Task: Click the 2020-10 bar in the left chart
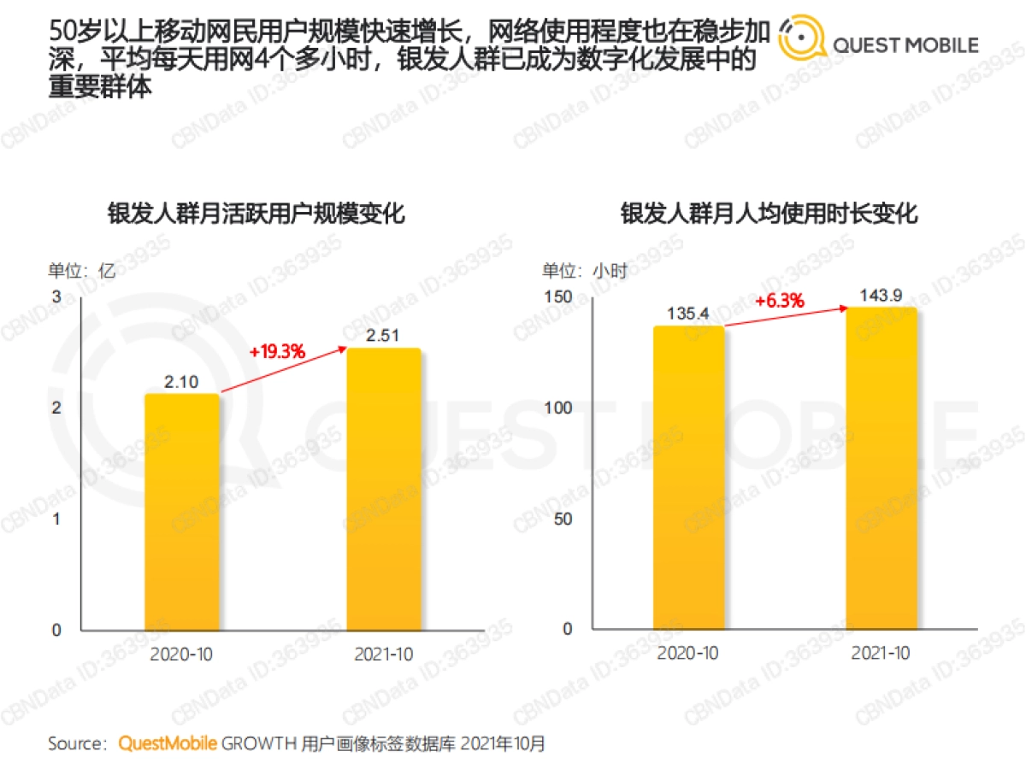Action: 181,513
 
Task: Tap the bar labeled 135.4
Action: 688,478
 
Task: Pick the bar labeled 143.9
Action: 881,469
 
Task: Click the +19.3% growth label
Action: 277,351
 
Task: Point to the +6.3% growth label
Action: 780,301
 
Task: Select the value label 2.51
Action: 383,335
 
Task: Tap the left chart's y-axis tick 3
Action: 56,297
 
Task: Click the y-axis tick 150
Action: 557,297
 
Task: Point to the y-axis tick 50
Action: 562,519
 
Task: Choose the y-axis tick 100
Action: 557,408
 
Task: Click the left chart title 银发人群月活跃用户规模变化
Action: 256,214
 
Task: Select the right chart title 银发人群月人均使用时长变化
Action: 769,214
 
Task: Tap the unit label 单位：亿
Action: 81,272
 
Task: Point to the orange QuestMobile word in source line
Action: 168,743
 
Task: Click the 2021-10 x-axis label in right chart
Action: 881,654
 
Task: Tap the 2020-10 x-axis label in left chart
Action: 181,655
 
